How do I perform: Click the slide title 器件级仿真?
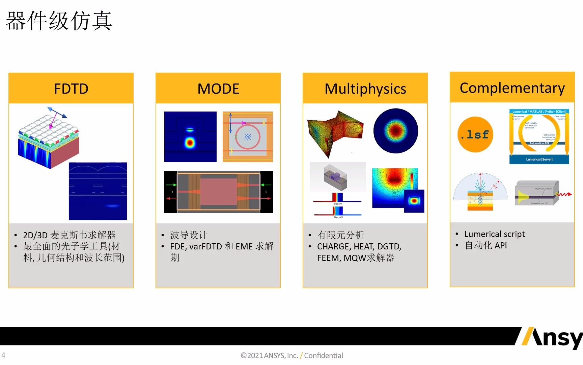coord(59,21)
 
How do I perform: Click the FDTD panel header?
coord(71,89)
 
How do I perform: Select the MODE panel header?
coord(218,89)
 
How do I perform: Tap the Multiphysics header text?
coord(365,89)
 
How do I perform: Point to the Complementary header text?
coord(512,88)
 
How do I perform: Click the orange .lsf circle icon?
coord(475,135)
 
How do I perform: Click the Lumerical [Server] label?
coord(539,159)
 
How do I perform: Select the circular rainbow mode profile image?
coord(396,130)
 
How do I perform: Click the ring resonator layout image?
coord(248,137)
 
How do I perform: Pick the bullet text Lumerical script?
coord(494,234)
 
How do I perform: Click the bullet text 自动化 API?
coord(485,245)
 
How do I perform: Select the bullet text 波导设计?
coord(189,235)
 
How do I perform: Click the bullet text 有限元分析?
coord(340,235)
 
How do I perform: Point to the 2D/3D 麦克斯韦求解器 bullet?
coord(69,235)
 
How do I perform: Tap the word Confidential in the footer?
coord(323,356)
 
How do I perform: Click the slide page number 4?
coord(3,355)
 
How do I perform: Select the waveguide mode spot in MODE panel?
coord(190,142)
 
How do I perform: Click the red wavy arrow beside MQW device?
coord(564,194)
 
